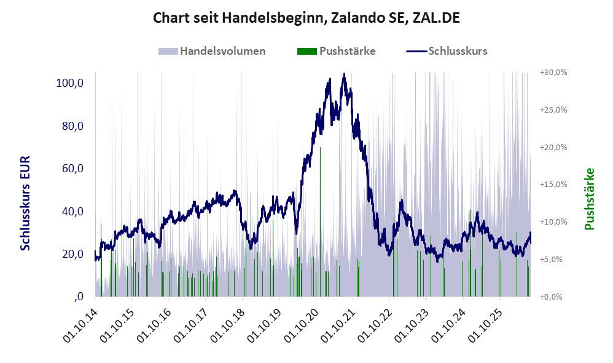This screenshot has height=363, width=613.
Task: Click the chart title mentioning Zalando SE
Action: tap(306, 18)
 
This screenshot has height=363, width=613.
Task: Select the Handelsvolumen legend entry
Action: tap(212, 51)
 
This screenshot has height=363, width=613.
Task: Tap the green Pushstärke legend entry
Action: tap(336, 51)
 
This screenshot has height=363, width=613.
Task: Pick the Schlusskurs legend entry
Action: tap(447, 51)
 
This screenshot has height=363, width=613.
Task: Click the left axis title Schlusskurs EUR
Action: tap(25, 203)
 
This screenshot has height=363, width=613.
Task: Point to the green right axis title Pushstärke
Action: tap(589, 199)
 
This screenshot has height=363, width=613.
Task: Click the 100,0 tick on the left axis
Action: tap(69, 83)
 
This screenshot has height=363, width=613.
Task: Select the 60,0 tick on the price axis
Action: tap(72, 169)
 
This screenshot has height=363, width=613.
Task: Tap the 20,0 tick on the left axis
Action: tap(72, 253)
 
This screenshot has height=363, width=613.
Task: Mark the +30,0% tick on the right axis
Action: tap(553, 73)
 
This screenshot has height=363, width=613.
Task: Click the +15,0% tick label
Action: tap(553, 185)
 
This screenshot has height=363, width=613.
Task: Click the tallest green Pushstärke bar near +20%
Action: tap(320, 221)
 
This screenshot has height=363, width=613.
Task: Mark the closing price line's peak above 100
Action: tap(344, 74)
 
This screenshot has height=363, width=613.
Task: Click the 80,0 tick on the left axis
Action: tap(72, 126)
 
